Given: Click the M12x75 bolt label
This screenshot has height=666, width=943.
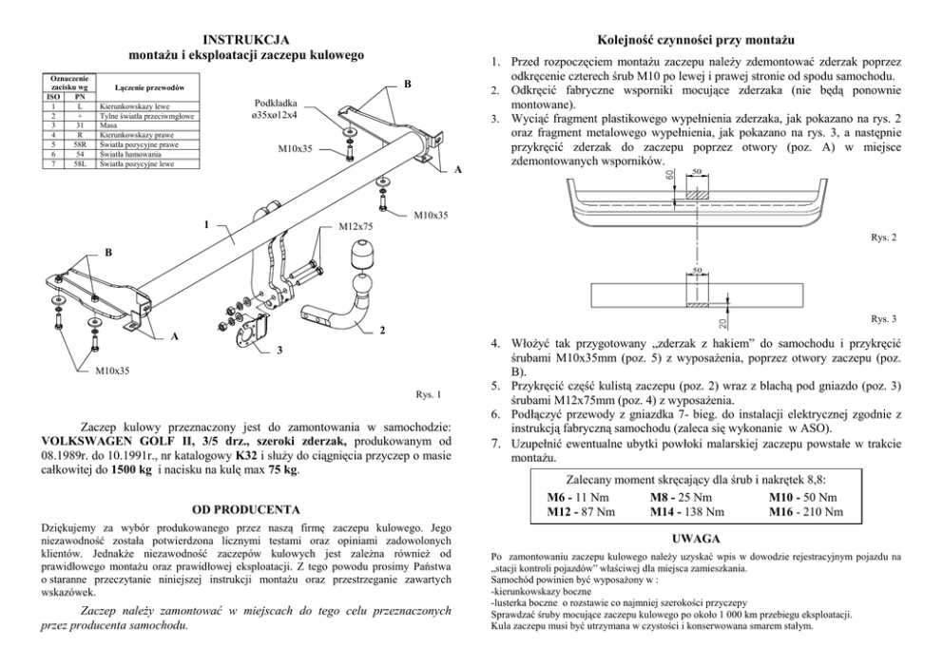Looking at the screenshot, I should coord(356,228).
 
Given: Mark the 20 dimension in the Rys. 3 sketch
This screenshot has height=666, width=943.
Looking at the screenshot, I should coord(722,298).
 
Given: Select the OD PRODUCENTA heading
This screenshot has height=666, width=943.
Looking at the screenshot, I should coord(245,510).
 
